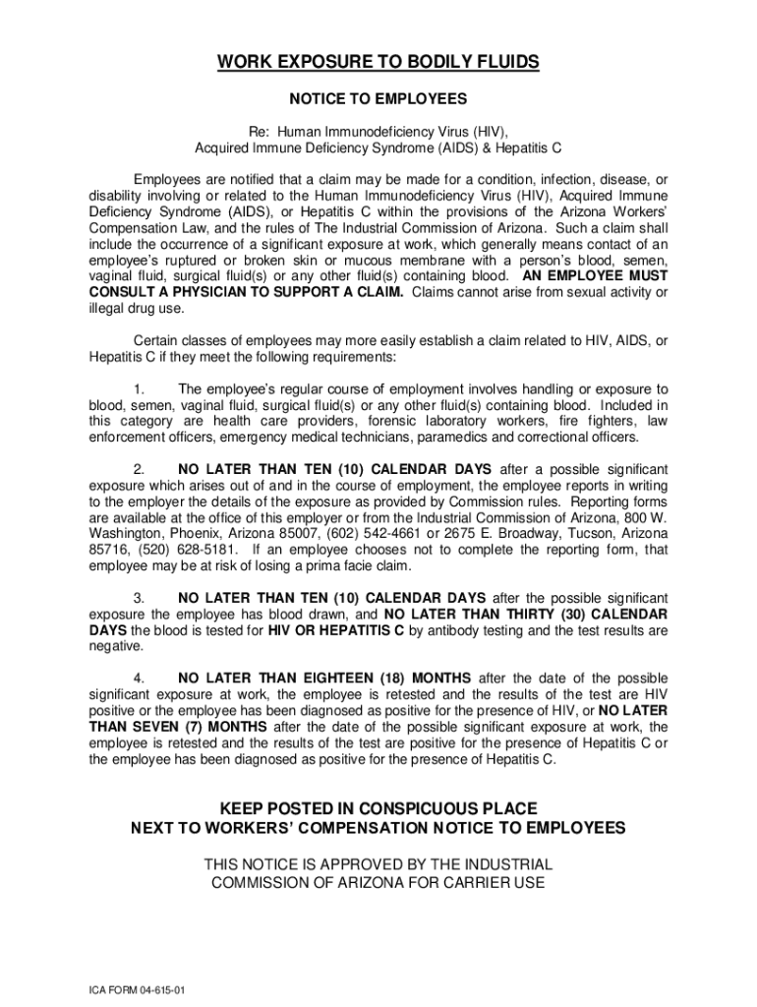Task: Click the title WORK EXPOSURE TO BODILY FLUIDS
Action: click(378, 63)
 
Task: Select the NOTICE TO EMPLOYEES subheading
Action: click(378, 99)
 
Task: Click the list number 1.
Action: click(140, 389)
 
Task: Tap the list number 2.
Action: click(140, 469)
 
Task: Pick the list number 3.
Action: click(140, 598)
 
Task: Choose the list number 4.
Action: click(140, 679)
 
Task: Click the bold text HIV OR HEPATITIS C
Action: click(336, 630)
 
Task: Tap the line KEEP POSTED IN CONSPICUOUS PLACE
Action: click(378, 808)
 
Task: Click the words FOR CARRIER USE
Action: click(478, 882)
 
